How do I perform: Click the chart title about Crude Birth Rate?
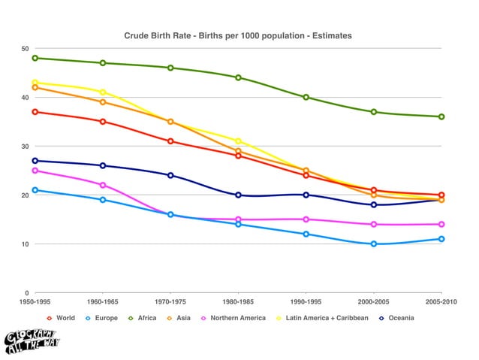click(x=238, y=35)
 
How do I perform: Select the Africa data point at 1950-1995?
click(x=35, y=58)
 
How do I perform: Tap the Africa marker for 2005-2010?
click(x=441, y=116)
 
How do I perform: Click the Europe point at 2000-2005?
click(x=374, y=244)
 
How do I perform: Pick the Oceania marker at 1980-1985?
click(x=238, y=195)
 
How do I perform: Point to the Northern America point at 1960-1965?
click(x=103, y=185)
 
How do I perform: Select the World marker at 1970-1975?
click(x=170, y=141)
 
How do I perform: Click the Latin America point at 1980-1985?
click(x=238, y=141)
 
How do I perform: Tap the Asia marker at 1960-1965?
click(x=103, y=102)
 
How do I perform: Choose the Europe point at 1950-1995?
click(x=35, y=190)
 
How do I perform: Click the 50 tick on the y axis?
click(x=25, y=49)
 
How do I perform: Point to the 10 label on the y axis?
click(x=25, y=244)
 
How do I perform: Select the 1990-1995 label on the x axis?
click(x=306, y=302)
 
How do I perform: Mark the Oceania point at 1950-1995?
click(x=35, y=161)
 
